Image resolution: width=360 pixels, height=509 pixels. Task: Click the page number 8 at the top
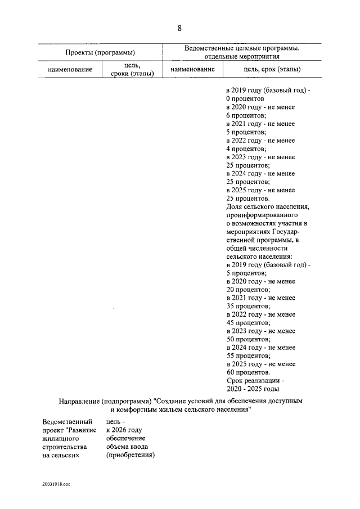(179, 28)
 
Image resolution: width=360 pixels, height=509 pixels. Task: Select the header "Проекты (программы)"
(100, 52)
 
